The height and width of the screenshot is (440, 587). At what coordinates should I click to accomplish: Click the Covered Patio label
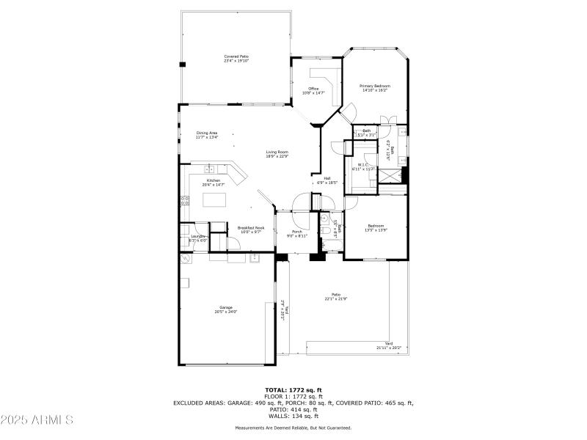point(236,59)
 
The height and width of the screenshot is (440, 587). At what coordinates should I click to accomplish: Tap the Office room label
point(313,91)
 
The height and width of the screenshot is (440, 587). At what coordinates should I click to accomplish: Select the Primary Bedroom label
point(373,88)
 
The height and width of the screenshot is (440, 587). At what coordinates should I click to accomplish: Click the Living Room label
point(277,154)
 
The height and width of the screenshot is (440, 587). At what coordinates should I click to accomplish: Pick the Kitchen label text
point(213,183)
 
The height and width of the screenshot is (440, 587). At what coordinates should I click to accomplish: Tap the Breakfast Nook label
point(250,230)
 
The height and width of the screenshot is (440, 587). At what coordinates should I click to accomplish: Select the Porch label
point(297,234)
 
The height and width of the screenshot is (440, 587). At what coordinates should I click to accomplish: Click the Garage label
point(226,309)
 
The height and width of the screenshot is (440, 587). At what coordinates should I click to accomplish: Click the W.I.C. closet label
point(362,166)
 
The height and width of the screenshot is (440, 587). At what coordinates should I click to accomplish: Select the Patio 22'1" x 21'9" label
point(336,297)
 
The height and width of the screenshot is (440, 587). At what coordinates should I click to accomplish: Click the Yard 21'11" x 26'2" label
point(389,347)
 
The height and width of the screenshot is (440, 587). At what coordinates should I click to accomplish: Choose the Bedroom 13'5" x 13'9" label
point(376,228)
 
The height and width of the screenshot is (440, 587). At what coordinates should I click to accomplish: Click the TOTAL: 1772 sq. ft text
point(293,390)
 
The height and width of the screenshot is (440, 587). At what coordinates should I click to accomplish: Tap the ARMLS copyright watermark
point(37,420)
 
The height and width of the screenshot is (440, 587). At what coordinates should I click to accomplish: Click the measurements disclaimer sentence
point(293,428)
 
